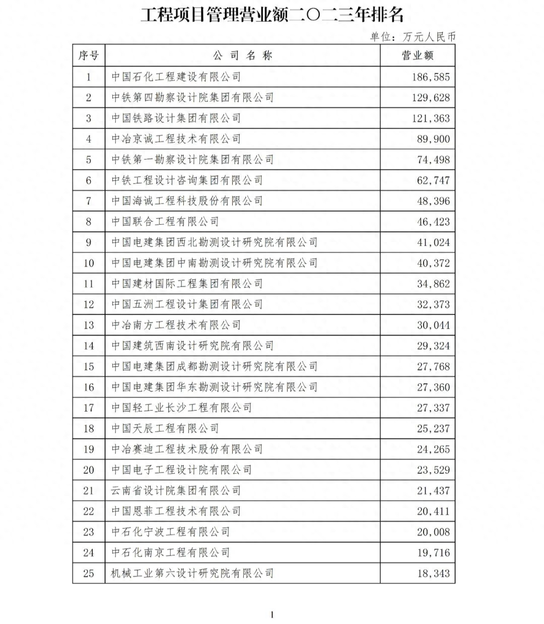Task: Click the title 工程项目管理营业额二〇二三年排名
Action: point(272,15)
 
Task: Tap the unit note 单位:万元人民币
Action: point(413,36)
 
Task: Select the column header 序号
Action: point(89,55)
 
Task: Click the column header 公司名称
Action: point(242,55)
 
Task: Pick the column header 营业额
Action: point(417,55)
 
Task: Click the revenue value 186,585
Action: point(431,77)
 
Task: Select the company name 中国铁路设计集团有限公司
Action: point(176,118)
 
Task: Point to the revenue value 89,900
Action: point(433,139)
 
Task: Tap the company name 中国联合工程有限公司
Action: point(165,221)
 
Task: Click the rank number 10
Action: point(89,263)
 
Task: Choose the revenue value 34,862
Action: point(433,284)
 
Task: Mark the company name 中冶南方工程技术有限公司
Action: point(176,325)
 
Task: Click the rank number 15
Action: point(89,366)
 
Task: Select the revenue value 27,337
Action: point(433,408)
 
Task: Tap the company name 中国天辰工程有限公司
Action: point(165,428)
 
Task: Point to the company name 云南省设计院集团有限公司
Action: point(176,490)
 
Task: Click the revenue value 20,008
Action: point(433,532)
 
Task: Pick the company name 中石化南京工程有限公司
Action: point(171,552)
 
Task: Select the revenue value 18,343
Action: point(433,574)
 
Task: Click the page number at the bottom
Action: point(272,614)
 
